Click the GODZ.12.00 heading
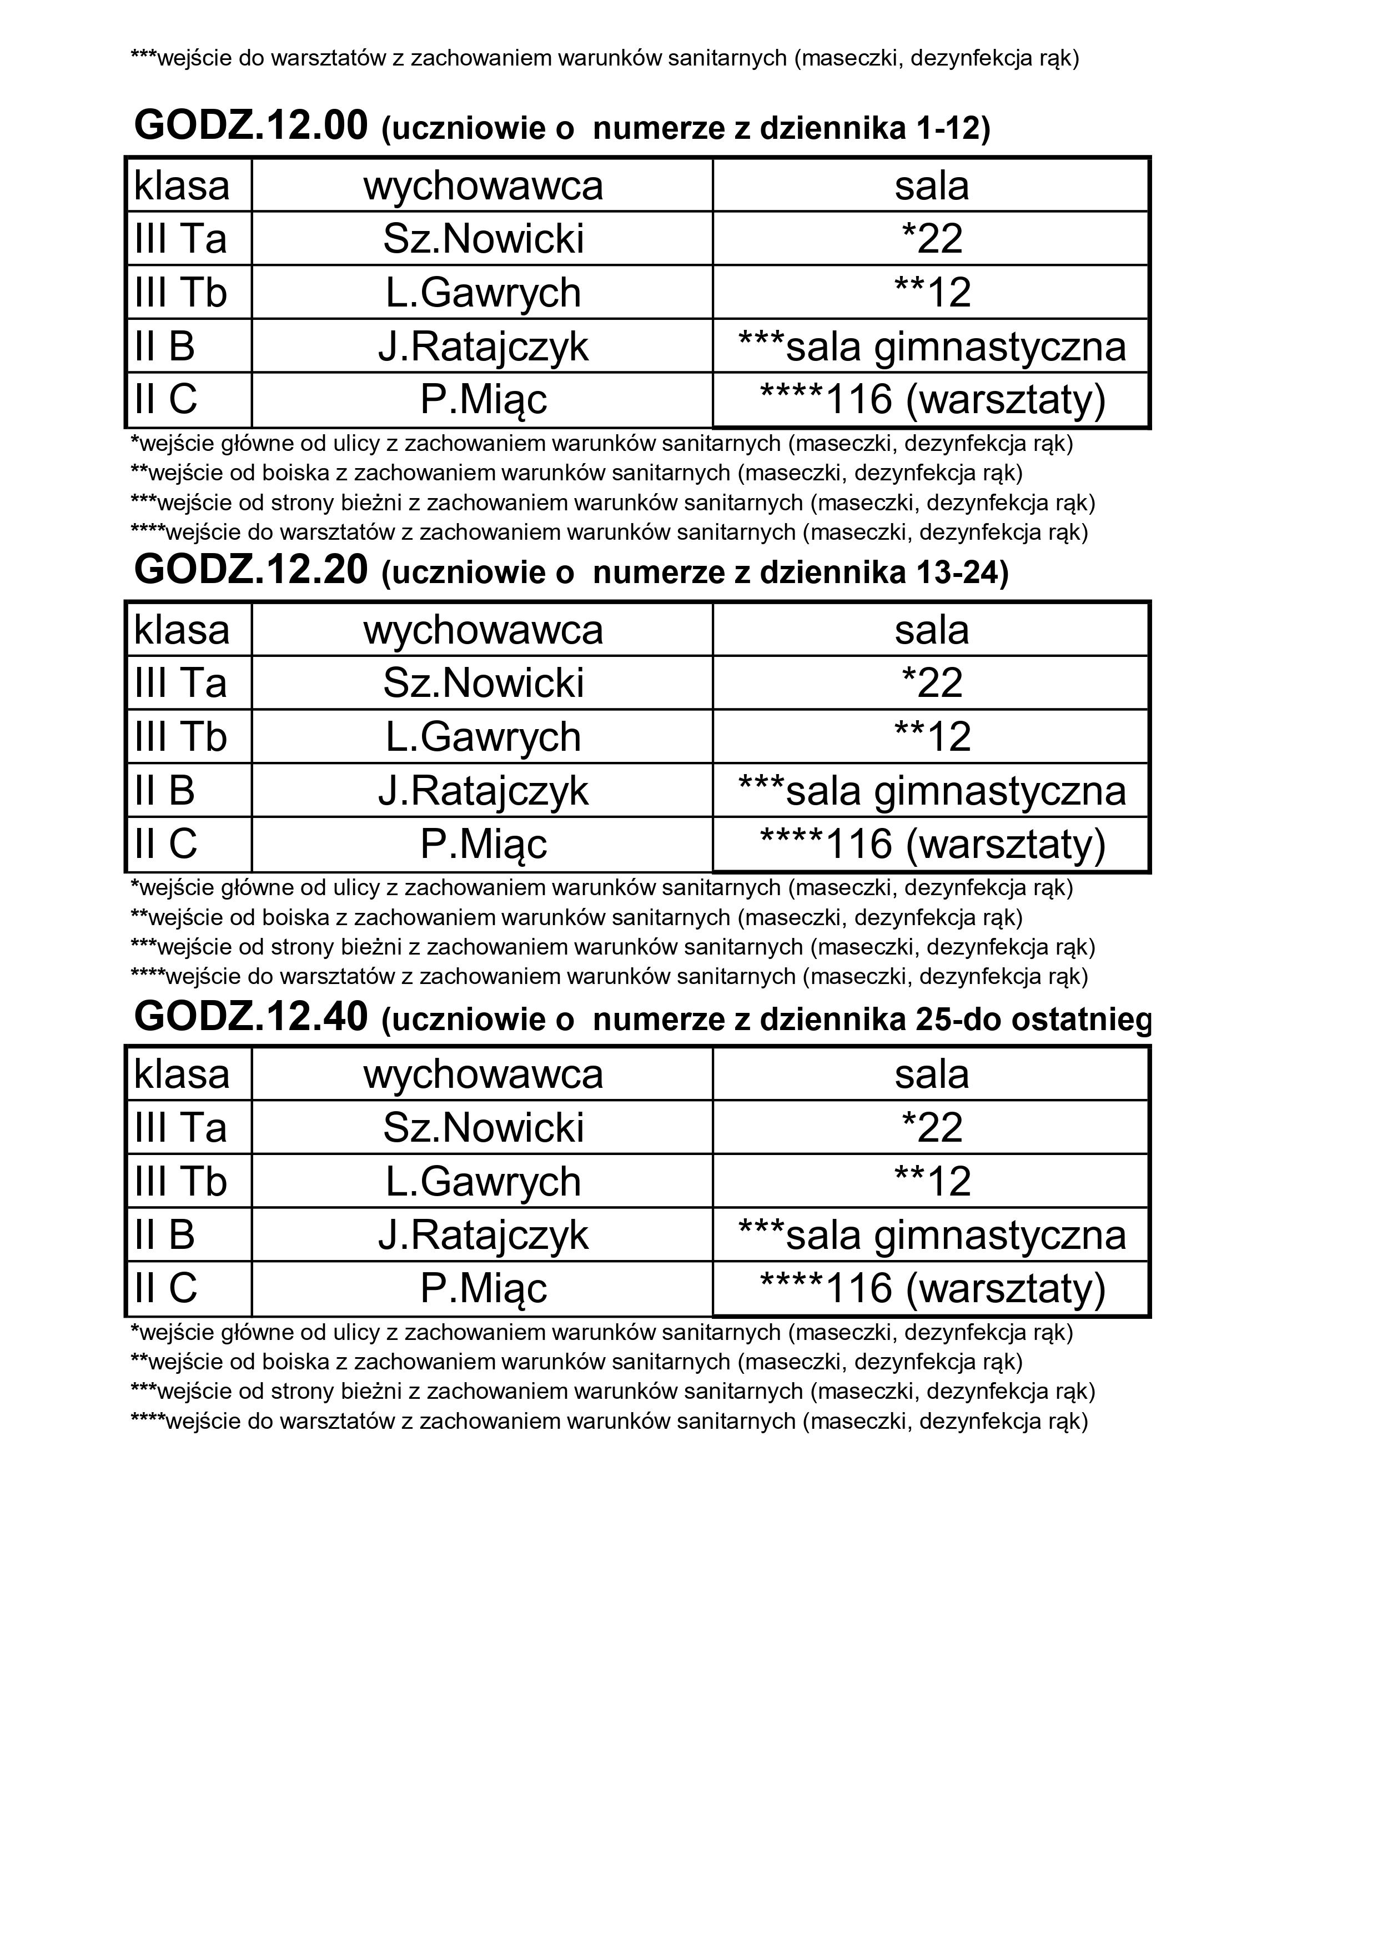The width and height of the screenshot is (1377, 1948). click(x=251, y=127)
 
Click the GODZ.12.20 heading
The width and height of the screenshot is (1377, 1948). click(x=251, y=571)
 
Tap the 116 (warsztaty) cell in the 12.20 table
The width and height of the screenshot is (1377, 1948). click(x=932, y=844)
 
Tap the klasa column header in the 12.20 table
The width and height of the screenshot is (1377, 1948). click(x=182, y=630)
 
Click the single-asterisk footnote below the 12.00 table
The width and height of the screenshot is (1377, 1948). click(x=601, y=444)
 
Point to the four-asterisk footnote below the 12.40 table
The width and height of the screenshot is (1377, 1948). click(x=609, y=1421)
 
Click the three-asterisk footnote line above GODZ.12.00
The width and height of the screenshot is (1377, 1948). click(x=604, y=58)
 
